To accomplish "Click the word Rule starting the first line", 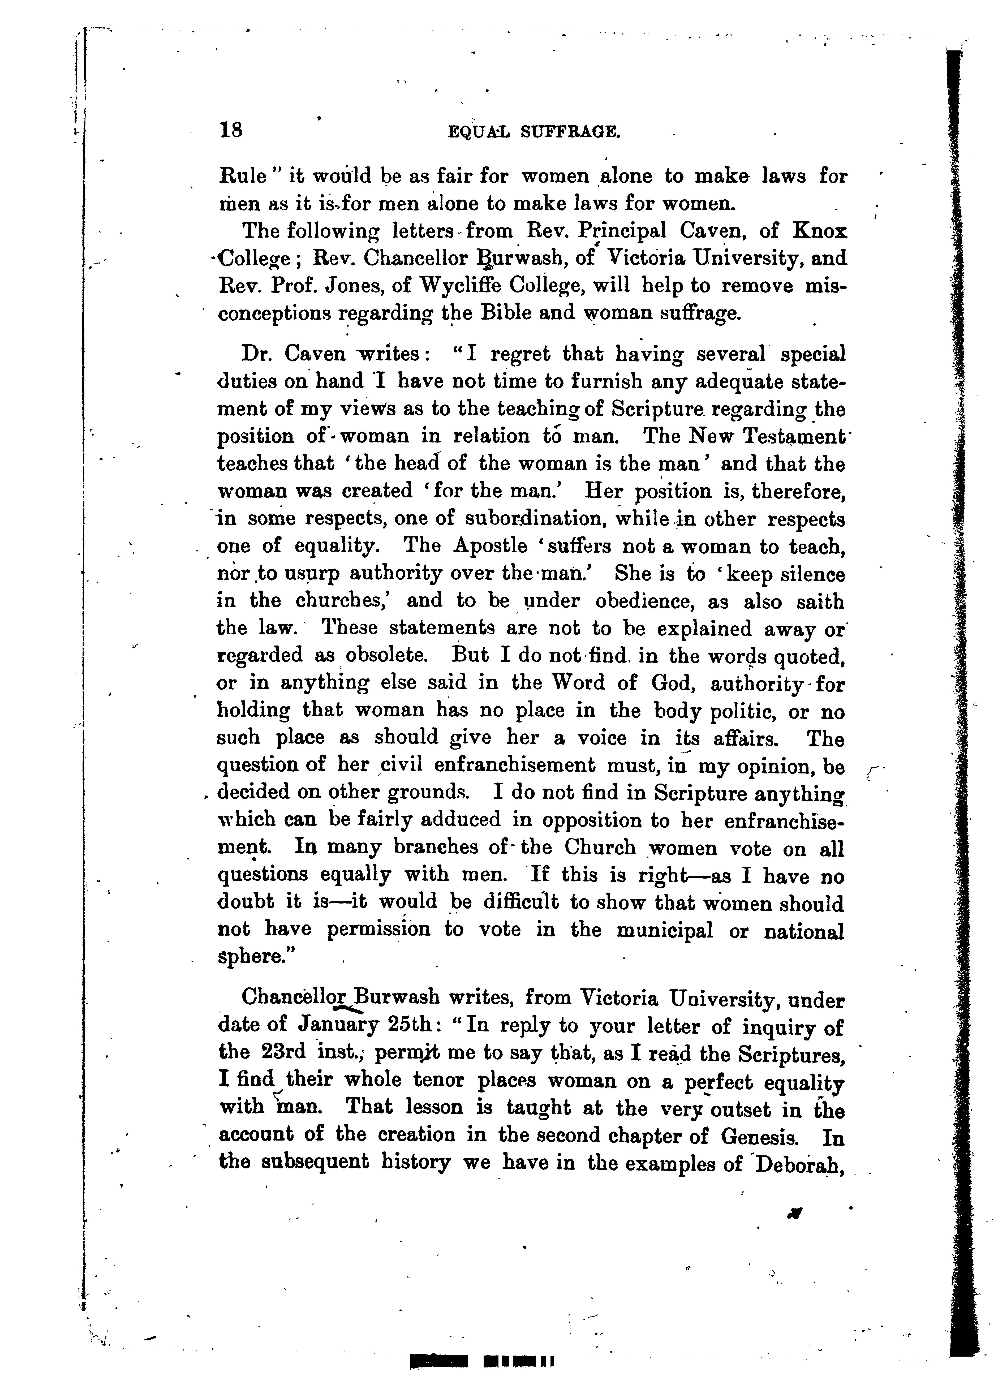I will click(243, 177).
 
